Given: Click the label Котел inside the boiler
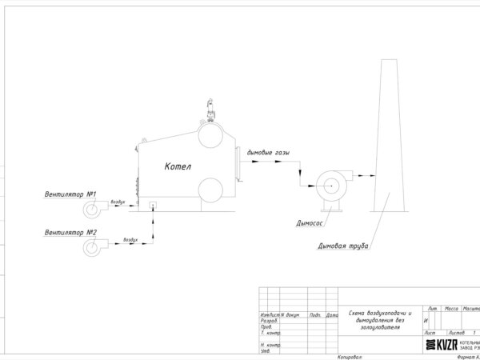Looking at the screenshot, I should click(x=180, y=167).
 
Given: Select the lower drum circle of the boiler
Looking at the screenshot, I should click(x=211, y=190).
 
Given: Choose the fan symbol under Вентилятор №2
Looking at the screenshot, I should click(x=93, y=247).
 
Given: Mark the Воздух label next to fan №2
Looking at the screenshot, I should click(x=130, y=239).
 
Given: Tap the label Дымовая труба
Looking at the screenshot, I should click(x=342, y=246).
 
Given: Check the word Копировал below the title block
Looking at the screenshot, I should click(x=350, y=356).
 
